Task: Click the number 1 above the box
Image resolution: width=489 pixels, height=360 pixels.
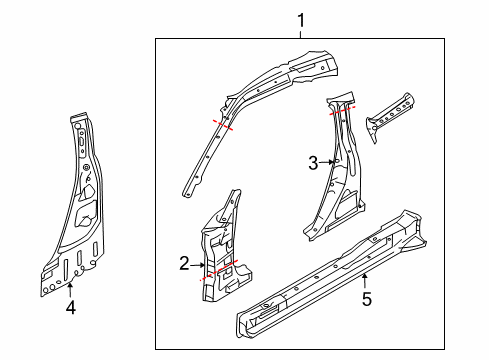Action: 299,18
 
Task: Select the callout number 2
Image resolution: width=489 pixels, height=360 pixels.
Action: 184,264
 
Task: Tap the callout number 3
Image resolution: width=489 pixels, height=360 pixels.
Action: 313,161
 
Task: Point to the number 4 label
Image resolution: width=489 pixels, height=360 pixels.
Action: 70,308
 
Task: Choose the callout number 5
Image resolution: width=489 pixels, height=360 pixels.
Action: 366,297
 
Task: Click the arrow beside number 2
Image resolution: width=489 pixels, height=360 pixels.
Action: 197,264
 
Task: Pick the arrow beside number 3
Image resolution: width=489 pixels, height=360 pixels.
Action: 326,161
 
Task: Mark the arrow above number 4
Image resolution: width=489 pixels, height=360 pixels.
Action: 70,291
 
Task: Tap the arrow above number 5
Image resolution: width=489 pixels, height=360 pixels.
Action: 366,280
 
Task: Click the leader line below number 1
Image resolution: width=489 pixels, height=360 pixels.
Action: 299,33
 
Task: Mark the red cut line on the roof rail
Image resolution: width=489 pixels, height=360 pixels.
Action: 222,125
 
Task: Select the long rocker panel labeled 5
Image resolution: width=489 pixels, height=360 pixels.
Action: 320,270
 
